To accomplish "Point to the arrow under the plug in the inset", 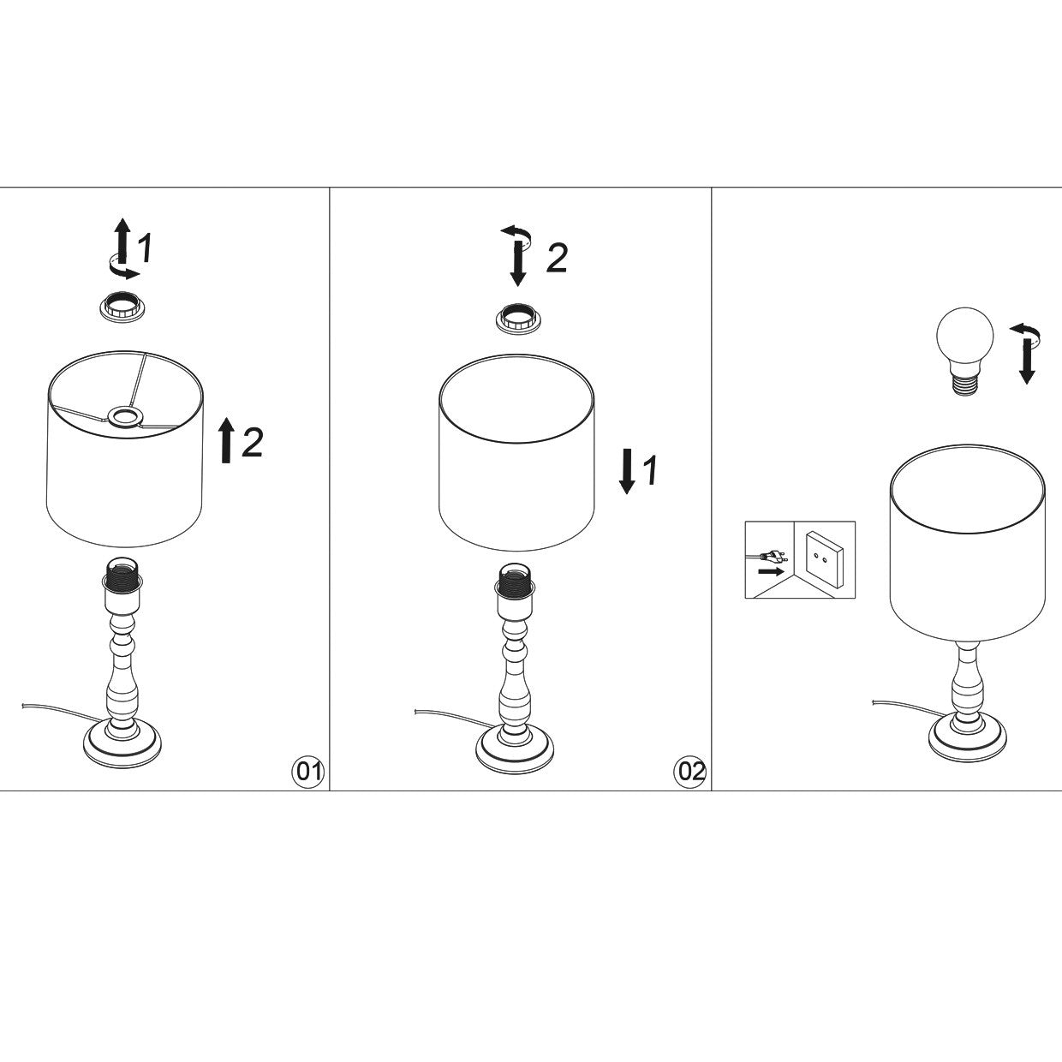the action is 771,571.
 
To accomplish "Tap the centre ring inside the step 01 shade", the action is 124,416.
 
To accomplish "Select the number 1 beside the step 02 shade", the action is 650,470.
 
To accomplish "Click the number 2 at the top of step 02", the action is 557,258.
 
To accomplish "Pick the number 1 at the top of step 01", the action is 144,248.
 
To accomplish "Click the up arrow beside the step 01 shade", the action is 226,440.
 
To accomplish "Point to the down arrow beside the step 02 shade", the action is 627,471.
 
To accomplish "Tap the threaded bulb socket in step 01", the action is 122,587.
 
